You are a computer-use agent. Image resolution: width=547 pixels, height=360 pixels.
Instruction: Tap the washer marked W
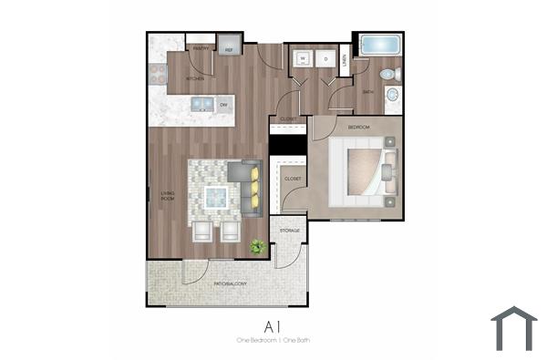302,60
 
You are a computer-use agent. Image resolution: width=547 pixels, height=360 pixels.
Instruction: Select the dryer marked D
325,60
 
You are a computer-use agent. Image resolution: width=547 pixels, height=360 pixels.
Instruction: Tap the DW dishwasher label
222,105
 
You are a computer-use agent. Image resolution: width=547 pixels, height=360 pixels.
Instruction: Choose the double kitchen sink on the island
202,105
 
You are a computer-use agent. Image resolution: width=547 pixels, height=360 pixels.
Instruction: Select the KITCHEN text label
196,79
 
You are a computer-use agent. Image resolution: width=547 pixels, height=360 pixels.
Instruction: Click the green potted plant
257,246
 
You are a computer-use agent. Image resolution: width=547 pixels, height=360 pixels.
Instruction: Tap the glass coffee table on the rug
217,195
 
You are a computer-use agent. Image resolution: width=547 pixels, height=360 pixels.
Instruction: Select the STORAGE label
290,231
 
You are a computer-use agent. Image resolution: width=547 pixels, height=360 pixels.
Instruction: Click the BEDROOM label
358,127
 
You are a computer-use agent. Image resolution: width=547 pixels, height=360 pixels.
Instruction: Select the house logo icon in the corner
513,328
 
